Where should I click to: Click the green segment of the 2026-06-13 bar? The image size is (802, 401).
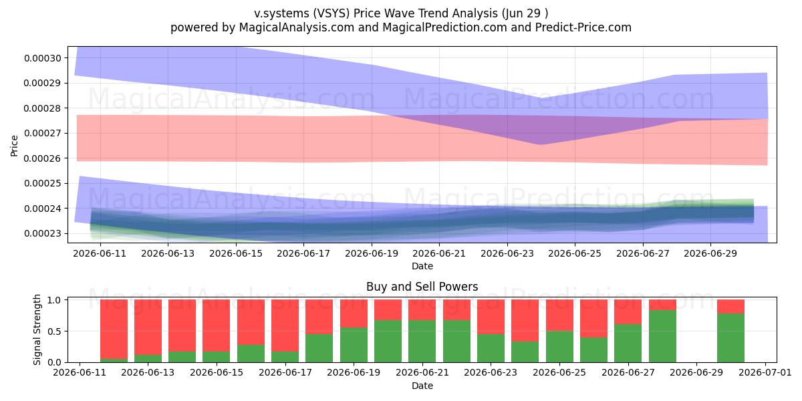click(148, 358)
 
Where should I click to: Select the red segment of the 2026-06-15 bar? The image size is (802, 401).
click(217, 325)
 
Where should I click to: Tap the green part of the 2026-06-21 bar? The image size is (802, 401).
click(422, 342)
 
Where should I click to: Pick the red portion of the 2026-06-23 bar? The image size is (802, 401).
click(491, 317)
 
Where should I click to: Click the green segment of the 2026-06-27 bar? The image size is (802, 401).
click(628, 344)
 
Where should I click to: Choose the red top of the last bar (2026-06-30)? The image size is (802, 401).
click(730, 307)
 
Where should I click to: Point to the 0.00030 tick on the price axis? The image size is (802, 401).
click(43, 58)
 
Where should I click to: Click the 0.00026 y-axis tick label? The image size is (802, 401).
click(43, 158)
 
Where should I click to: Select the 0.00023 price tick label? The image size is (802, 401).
click(43, 233)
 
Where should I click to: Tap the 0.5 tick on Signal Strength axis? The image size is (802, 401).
click(54, 331)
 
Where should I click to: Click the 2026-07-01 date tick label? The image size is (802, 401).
click(765, 372)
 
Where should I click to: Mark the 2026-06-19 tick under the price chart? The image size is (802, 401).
click(372, 253)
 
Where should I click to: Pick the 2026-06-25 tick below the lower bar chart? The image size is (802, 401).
click(559, 372)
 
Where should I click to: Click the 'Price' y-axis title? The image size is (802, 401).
click(14, 146)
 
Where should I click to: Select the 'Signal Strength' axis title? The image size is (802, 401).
click(37, 329)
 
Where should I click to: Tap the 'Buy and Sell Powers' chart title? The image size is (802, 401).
click(422, 287)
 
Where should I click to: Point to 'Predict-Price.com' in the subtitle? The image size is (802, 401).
click(583, 27)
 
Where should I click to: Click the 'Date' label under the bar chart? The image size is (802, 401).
click(422, 386)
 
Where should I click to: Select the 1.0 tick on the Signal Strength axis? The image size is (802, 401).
click(54, 299)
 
